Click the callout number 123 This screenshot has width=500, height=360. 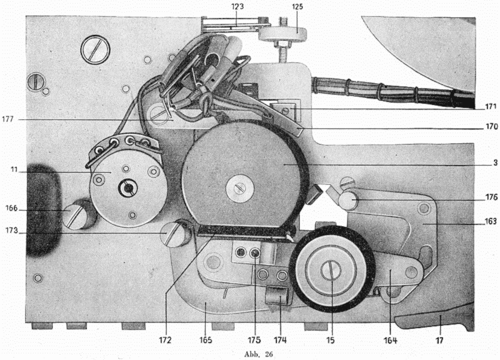[237, 7]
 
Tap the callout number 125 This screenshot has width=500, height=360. [297, 7]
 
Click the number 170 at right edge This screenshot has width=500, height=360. [492, 127]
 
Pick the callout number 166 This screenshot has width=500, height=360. [11, 208]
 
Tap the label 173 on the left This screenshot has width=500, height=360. [11, 230]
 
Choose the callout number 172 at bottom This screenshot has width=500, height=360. [165, 340]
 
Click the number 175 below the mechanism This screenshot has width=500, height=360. [254, 340]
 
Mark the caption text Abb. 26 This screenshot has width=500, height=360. [259, 354]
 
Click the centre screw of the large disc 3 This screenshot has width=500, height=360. [239, 188]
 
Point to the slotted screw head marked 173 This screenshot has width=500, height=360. [174, 234]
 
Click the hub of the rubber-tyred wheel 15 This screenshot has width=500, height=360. [332, 271]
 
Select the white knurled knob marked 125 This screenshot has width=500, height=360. [282, 34]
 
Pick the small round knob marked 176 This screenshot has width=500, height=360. [348, 201]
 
